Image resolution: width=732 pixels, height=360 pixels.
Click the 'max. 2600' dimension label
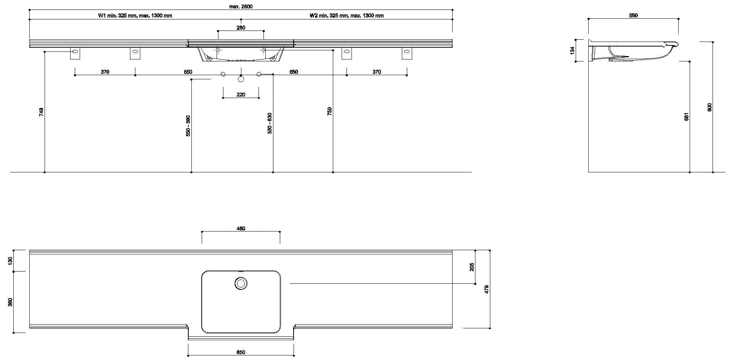(x=241, y=6)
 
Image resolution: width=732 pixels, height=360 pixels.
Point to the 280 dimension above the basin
(x=241, y=27)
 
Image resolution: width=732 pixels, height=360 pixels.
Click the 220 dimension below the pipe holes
(x=241, y=95)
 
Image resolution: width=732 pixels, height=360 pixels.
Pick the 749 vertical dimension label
(x=41, y=112)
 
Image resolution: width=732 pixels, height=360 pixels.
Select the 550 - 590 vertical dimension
(x=188, y=126)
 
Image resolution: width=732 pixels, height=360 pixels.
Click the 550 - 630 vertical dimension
(x=270, y=123)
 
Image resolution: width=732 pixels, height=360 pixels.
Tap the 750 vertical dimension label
(x=330, y=111)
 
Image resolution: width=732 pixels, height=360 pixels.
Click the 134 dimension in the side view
(x=572, y=50)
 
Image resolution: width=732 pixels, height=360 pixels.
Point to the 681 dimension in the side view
(x=686, y=117)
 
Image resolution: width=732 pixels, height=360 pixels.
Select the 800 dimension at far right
(x=710, y=107)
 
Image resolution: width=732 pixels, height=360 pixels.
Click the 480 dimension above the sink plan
(x=241, y=228)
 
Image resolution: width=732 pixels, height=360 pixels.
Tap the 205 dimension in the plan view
(x=472, y=267)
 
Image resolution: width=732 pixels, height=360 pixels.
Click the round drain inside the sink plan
(x=241, y=283)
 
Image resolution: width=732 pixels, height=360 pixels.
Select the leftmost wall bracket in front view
(x=75, y=53)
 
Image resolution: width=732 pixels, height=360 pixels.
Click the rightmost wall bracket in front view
(x=407, y=53)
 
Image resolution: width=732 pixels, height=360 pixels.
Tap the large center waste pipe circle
(x=241, y=79)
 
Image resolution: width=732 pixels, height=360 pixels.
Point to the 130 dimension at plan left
(x=11, y=261)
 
